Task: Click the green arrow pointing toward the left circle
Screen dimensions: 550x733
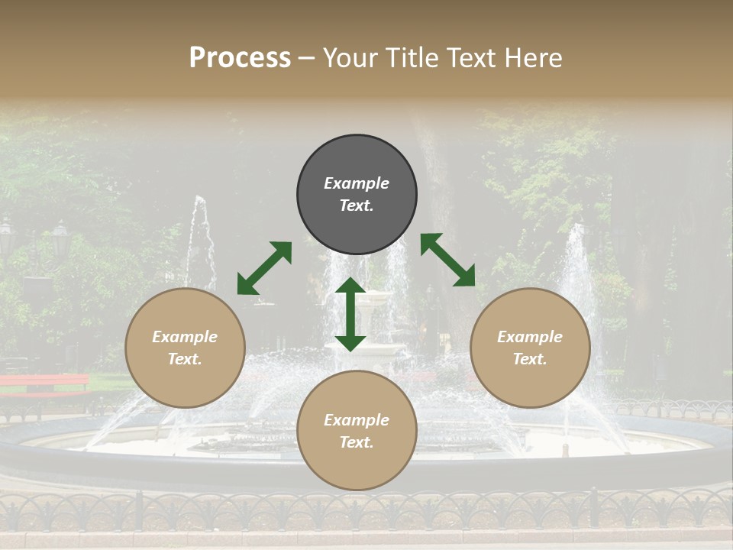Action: click(264, 268)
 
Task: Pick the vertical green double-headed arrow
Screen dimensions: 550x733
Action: click(350, 314)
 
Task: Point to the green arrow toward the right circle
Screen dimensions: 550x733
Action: click(447, 260)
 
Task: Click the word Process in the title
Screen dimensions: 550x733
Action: click(240, 57)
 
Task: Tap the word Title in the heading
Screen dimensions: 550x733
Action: click(413, 57)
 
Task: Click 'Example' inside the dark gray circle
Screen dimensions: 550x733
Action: click(357, 183)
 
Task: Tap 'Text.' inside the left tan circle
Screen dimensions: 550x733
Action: click(185, 359)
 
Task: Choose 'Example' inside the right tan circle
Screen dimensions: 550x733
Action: click(530, 337)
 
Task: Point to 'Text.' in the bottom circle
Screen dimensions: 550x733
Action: click(357, 442)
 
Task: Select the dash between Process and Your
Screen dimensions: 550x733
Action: click(307, 58)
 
